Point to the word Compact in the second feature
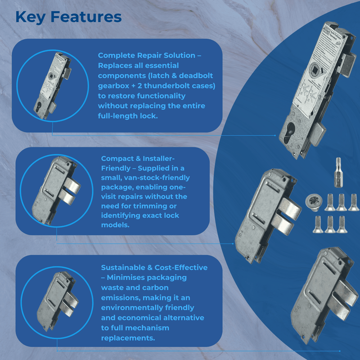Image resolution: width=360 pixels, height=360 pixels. click(x=117, y=159)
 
